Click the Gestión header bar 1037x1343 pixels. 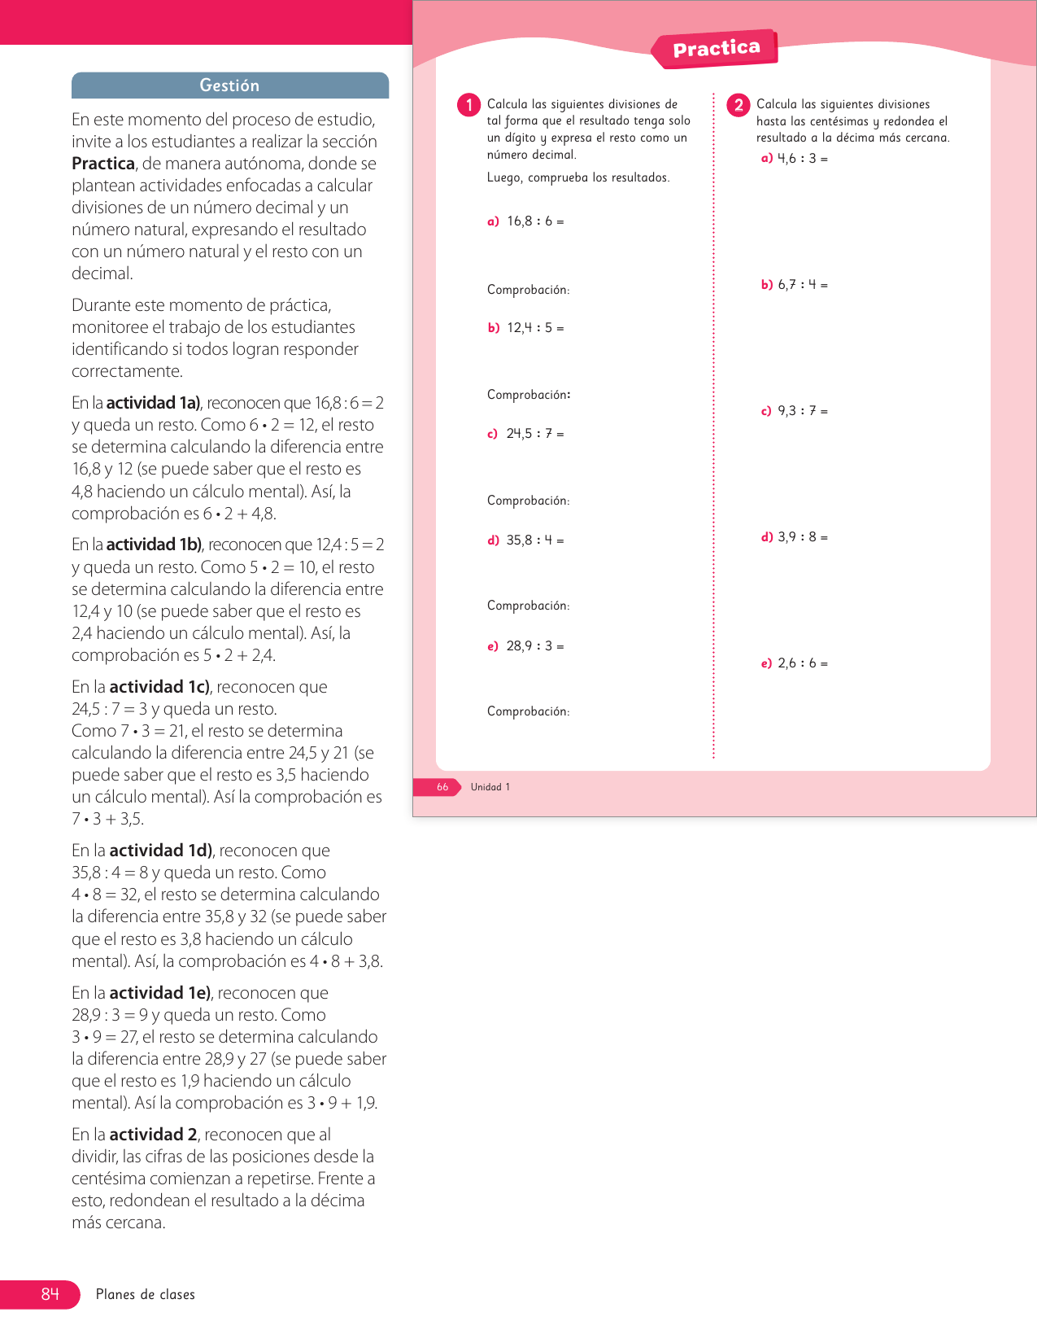point(230,85)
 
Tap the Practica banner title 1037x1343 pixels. point(716,49)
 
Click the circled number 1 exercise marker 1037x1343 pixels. point(468,105)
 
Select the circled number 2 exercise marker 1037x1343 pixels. point(739,105)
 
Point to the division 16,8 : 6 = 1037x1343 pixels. point(535,221)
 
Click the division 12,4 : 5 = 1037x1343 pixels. point(535,328)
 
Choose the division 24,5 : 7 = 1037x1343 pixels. point(535,434)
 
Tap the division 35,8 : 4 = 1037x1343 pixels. point(535,540)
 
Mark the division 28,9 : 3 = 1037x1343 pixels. point(535,646)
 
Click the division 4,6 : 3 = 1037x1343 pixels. point(803,159)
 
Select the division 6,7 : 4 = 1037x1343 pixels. point(803,285)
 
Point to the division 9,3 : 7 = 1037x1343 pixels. point(803,411)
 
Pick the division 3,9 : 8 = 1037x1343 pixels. point(803,537)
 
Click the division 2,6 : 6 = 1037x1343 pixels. point(803,663)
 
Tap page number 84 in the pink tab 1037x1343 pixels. point(50,1294)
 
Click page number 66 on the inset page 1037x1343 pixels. point(442,787)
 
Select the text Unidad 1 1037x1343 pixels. point(490,787)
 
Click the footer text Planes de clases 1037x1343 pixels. point(146,1294)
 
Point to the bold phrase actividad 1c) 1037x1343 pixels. point(159,687)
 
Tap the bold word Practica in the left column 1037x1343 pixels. point(103,164)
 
